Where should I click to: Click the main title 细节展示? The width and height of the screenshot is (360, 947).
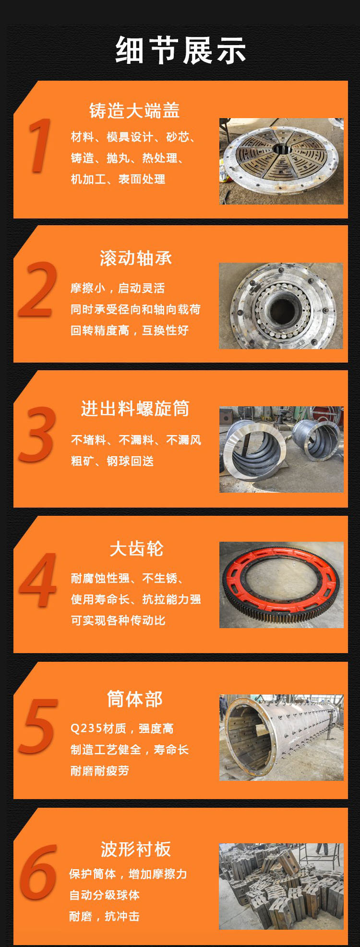click(x=180, y=50)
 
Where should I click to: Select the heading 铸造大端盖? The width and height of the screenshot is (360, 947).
click(x=134, y=110)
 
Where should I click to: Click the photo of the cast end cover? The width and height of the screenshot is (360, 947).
click(x=281, y=161)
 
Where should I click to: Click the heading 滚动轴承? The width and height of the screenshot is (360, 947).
click(x=135, y=258)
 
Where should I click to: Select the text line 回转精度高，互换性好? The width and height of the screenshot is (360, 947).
click(x=130, y=330)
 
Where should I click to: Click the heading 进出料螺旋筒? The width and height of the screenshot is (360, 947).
click(x=135, y=409)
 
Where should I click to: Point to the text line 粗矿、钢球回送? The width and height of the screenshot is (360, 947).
click(x=112, y=461)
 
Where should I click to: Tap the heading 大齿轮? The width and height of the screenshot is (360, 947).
click(x=136, y=548)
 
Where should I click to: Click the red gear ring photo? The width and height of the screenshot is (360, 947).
click(x=281, y=585)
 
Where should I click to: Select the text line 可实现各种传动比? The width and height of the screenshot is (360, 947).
click(x=118, y=620)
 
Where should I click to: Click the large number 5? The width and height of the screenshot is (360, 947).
click(x=37, y=726)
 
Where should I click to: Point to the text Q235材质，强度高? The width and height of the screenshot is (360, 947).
click(x=122, y=728)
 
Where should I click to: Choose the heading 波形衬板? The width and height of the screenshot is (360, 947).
click(x=135, y=849)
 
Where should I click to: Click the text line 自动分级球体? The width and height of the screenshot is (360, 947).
click(x=104, y=895)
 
